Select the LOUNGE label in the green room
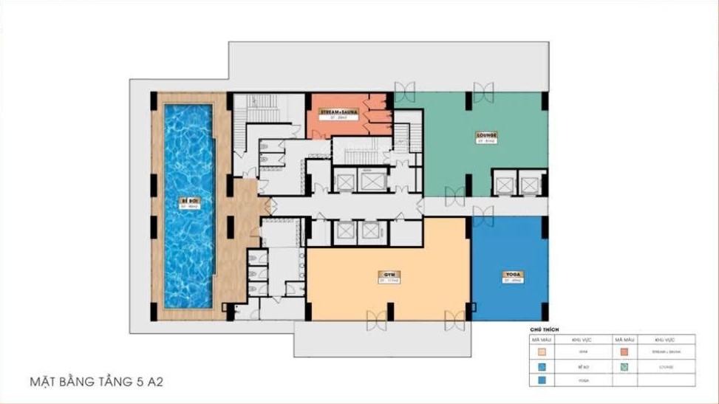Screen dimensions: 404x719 [486, 135]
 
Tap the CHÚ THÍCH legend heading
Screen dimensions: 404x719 [545, 328]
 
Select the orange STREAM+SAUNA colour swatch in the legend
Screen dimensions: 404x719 [624, 352]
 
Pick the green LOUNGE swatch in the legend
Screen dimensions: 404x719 [624, 366]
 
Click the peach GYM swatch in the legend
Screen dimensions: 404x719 [542, 352]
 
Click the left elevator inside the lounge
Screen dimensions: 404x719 [505, 184]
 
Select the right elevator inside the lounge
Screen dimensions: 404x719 [530, 184]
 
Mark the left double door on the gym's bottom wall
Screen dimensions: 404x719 [377, 320]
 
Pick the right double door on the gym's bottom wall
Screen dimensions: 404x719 [454, 320]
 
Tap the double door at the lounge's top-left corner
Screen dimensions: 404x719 [404, 92]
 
